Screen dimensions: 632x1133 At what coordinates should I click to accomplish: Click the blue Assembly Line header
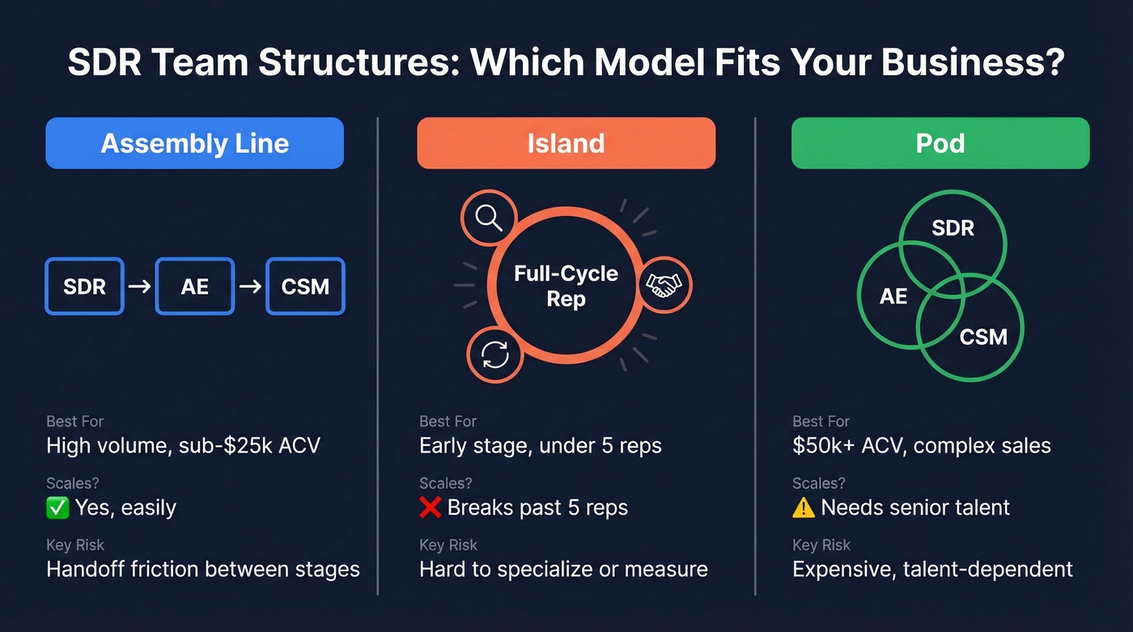click(x=194, y=143)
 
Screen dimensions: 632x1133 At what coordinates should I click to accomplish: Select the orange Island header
click(x=566, y=143)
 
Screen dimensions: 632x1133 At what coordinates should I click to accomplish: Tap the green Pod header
click(x=940, y=143)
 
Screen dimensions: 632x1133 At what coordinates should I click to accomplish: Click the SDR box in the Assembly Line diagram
click(x=84, y=286)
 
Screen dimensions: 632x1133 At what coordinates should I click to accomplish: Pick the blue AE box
click(x=194, y=286)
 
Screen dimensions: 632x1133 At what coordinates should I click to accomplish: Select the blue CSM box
click(x=305, y=286)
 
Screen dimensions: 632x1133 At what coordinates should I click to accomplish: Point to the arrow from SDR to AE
click(x=139, y=286)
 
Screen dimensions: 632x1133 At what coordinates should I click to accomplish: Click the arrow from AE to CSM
click(x=250, y=286)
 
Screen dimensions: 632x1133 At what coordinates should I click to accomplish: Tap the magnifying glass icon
click(x=489, y=218)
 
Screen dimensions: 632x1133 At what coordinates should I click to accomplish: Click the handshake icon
click(x=664, y=285)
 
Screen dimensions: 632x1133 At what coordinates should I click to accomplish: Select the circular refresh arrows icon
click(x=495, y=354)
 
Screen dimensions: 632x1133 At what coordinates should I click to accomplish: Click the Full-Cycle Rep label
click(x=566, y=286)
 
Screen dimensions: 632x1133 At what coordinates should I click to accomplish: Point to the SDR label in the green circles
click(x=953, y=228)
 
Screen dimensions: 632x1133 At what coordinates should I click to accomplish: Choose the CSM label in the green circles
click(x=982, y=336)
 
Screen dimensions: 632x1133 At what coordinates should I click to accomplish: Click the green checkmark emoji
click(x=57, y=507)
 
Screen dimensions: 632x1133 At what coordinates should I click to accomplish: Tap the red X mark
click(x=431, y=507)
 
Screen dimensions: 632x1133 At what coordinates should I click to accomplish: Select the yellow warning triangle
click(x=804, y=507)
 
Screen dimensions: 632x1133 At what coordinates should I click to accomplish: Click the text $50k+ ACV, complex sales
click(x=921, y=445)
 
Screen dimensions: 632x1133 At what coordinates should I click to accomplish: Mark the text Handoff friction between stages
click(x=202, y=569)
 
